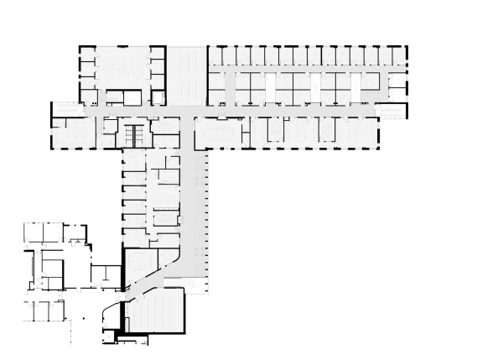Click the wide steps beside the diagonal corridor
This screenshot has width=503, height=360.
[x=194, y=286]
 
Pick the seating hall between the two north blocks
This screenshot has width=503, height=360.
[x=186, y=76]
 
